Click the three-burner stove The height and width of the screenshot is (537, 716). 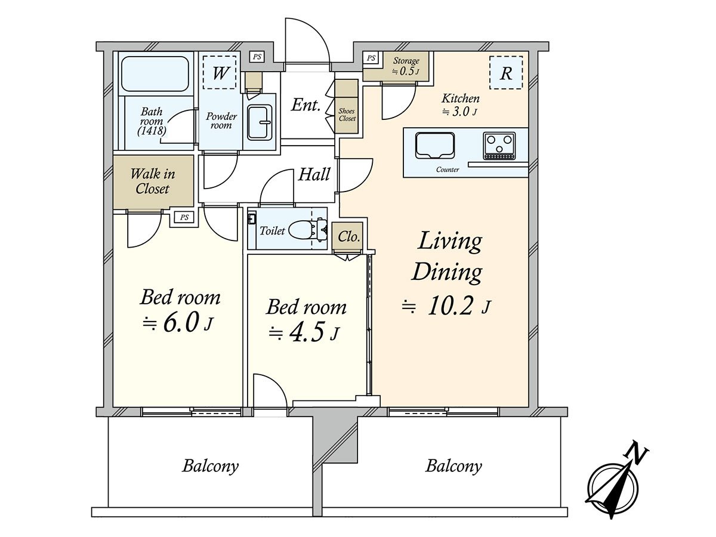[499, 146]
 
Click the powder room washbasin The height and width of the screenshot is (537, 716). [260, 122]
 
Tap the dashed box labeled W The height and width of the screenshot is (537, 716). [220, 72]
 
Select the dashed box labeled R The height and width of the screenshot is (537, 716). [506, 72]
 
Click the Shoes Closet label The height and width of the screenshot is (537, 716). [347, 115]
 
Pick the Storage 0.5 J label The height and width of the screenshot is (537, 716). [406, 66]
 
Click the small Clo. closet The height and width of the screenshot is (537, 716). [348, 237]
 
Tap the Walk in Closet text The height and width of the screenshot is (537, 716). [153, 181]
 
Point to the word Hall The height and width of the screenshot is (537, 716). [314, 174]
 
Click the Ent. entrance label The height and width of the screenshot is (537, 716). [305, 105]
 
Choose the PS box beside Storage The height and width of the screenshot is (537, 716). [371, 58]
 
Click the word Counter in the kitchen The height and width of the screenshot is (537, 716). [447, 169]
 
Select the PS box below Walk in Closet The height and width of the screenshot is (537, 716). [184, 217]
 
